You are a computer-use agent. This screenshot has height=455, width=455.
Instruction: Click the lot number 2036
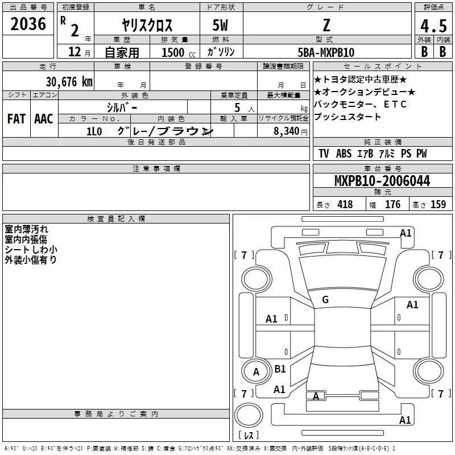28,24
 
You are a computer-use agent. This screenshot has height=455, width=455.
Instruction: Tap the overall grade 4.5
433,26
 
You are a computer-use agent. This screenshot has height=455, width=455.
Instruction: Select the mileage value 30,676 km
69,82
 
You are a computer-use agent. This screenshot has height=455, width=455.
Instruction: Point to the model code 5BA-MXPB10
326,52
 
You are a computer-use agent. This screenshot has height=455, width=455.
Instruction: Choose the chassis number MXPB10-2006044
382,181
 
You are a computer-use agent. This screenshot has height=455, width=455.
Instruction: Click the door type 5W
220,25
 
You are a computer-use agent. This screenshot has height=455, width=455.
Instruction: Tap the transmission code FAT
16,119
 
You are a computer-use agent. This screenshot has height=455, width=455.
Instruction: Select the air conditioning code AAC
44,119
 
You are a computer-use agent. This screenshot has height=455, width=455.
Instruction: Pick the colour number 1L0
94,131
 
